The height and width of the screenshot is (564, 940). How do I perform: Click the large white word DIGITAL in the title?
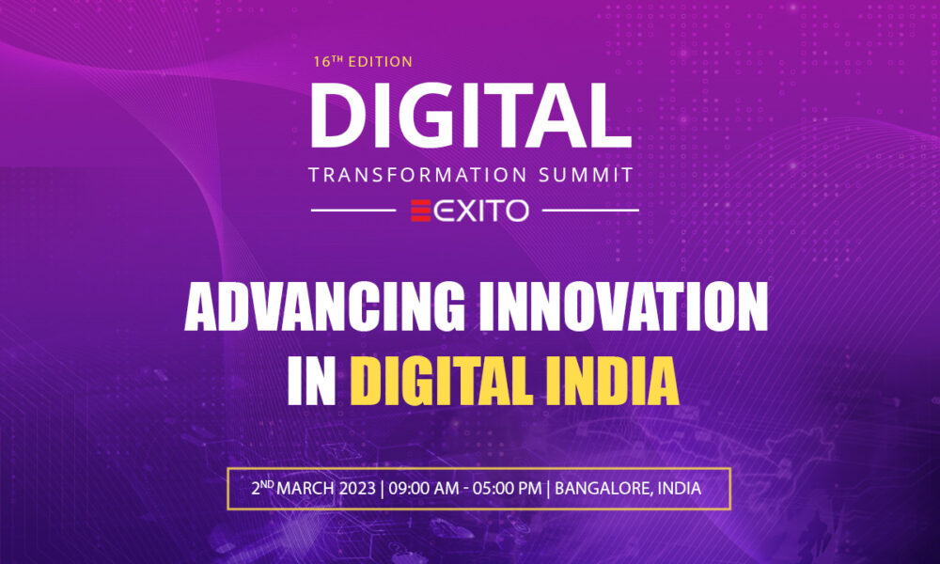coord(471,115)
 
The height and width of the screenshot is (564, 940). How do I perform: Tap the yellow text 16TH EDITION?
coord(363,61)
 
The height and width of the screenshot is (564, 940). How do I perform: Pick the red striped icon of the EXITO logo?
coord(420,211)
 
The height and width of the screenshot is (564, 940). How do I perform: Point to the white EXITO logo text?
coord(481,211)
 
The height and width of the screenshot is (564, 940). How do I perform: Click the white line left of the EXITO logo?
coord(353,211)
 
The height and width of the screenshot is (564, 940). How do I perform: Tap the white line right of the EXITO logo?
coord(590,211)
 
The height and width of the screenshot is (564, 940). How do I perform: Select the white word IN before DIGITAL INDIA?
coord(312,382)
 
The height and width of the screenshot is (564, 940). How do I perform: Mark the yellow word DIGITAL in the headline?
coord(441,382)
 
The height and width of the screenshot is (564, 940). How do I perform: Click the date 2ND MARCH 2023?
coord(314,488)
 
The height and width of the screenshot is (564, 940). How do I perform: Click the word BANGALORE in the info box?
coord(603,489)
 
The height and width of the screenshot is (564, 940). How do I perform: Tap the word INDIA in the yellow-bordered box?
coord(680,489)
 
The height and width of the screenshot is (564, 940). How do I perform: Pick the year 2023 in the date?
coord(357,489)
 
